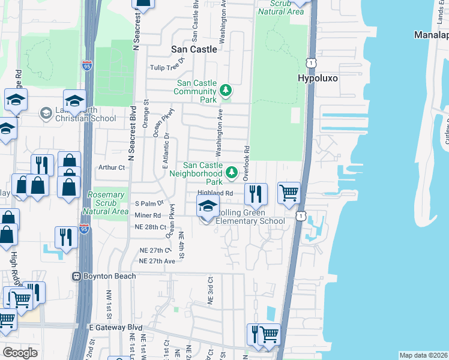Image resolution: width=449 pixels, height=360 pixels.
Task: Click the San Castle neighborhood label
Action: coord(194,49)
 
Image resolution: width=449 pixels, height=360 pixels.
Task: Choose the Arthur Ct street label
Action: coord(111,168)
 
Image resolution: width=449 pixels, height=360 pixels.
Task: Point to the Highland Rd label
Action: coord(215,193)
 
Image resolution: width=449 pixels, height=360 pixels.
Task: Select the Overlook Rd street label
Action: coord(246,163)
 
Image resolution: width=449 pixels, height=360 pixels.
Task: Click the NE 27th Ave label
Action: coord(157,261)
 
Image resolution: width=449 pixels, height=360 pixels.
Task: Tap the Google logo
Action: coord(20,352)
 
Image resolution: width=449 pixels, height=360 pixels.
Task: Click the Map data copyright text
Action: coord(423,355)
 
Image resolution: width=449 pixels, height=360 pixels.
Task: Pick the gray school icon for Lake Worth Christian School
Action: coord(46,113)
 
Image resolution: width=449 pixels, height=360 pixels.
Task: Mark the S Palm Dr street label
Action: coord(149,204)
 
